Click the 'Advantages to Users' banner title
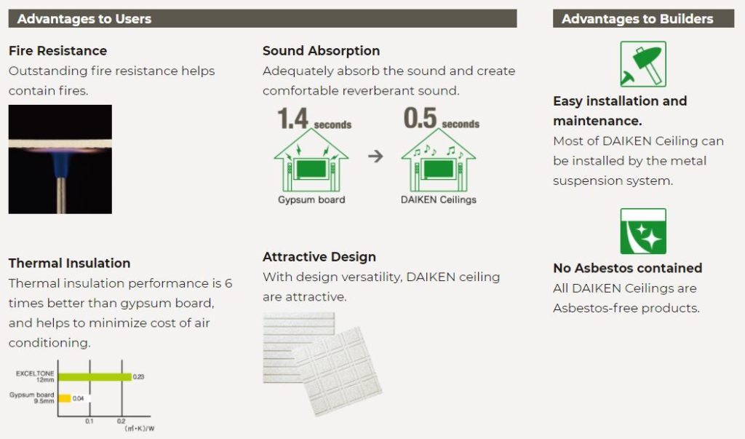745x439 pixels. (84, 18)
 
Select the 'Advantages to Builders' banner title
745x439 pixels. (637, 18)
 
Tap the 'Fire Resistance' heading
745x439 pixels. (57, 50)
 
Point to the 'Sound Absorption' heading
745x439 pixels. (321, 50)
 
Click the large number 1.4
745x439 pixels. (292, 119)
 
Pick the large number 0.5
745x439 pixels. (420, 118)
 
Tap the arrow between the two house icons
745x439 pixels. (375, 156)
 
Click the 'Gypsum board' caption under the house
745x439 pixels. (311, 199)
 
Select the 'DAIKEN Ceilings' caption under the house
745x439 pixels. (439, 199)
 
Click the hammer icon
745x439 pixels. (643, 64)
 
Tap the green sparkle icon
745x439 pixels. (643, 232)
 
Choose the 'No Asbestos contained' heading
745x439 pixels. (628, 268)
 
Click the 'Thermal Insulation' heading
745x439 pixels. (69, 263)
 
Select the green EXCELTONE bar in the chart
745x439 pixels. (95, 376)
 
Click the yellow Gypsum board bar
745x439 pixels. (65, 398)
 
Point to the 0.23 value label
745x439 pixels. (138, 376)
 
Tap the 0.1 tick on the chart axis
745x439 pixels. (89, 421)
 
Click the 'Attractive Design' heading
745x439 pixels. (319, 257)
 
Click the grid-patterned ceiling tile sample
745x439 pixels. (338, 371)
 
